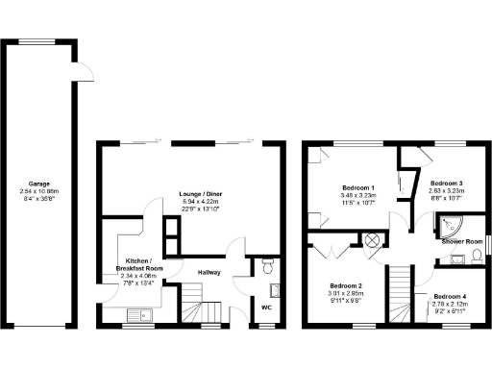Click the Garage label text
[40, 184]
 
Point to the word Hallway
[209, 272]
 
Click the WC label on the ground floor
[266, 307]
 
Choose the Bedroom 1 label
[357, 186]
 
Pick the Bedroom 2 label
[346, 285]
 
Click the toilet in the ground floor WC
[268, 264]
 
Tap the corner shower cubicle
[447, 223]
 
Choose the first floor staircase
[401, 294]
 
